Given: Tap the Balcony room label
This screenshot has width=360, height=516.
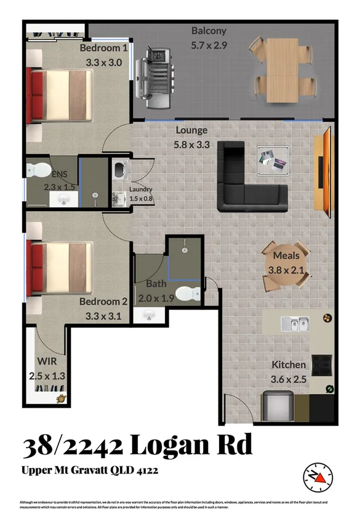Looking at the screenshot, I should tap(209, 31).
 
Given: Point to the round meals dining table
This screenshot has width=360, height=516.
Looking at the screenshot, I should tap(284, 265).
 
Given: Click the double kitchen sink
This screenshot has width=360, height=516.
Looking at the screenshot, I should tap(295, 323).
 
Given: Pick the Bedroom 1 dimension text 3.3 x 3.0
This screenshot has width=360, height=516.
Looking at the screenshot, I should tap(104, 62).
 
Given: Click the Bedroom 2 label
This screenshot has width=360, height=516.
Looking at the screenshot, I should tap(103, 302).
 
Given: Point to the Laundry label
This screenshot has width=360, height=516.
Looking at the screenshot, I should tap(140, 190).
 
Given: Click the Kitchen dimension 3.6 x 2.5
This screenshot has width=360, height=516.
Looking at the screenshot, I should tap(289, 380).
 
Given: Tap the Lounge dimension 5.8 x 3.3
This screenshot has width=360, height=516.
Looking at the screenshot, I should tap(191, 145).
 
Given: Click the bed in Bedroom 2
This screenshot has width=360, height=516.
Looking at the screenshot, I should tap(59, 264).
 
